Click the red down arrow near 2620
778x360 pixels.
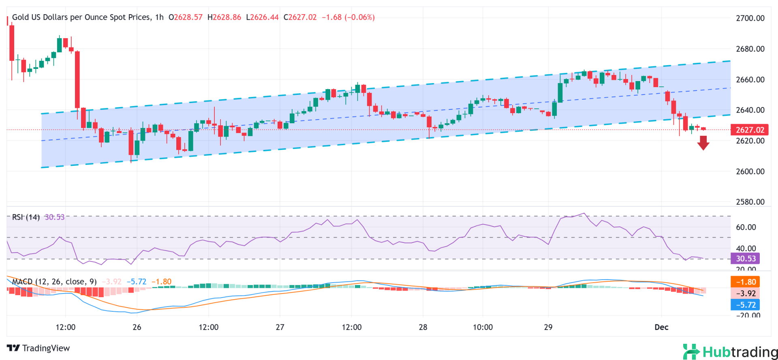(x=703, y=143)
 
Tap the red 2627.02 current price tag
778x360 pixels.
(x=750, y=130)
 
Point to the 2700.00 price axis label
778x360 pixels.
(x=750, y=18)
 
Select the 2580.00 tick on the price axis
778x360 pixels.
(x=750, y=202)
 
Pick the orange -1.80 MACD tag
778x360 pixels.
(x=745, y=282)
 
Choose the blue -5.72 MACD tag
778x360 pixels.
(x=745, y=304)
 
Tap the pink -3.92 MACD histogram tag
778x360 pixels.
(x=745, y=293)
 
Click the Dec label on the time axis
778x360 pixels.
(x=661, y=327)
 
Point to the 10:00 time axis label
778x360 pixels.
(x=483, y=327)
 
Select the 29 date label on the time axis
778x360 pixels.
(x=548, y=327)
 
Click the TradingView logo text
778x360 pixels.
(x=38, y=348)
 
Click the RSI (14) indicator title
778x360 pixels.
(x=26, y=217)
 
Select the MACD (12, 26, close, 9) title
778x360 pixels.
(x=54, y=281)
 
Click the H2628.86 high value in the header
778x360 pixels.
(x=224, y=17)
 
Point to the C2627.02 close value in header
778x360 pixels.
(x=300, y=17)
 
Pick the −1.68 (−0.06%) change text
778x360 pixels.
(x=348, y=17)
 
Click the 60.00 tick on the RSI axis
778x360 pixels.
(x=746, y=227)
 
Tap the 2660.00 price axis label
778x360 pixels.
(x=750, y=79)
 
